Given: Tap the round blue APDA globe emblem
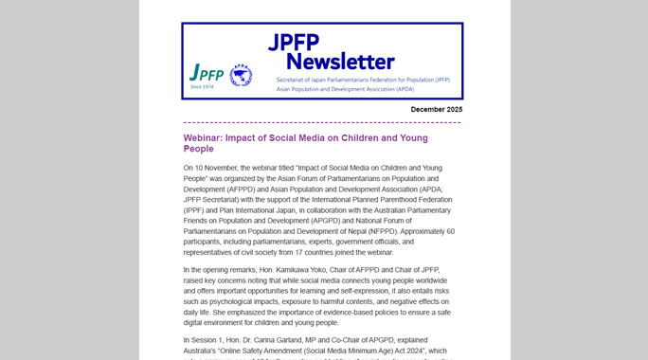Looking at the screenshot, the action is coord(241,75).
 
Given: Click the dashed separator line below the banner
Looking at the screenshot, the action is coord(322,122).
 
